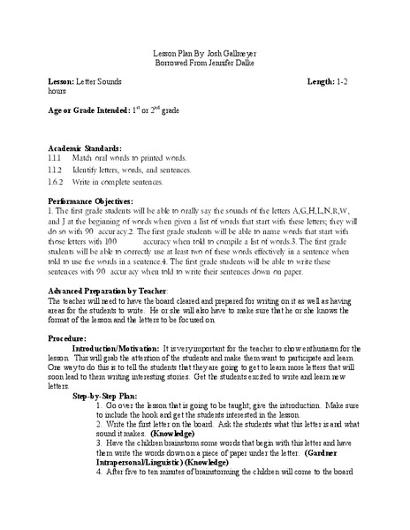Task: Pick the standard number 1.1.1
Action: tap(58, 158)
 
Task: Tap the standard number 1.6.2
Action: tap(58, 182)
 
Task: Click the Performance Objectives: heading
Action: tap(95, 202)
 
